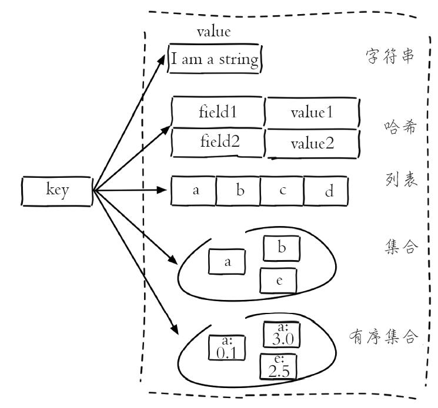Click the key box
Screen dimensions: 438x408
tap(57, 191)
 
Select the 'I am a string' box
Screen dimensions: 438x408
tap(215, 59)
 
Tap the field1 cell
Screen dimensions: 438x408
tap(218, 112)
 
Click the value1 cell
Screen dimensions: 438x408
tap(312, 113)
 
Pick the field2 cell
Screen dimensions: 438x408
tap(218, 142)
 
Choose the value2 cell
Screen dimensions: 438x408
tap(312, 144)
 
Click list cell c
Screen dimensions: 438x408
tap(282, 191)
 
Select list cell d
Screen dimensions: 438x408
tap(326, 191)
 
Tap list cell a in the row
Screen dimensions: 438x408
tap(193, 191)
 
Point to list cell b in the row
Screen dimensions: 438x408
tap(238, 191)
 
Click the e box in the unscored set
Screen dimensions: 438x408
tap(278, 281)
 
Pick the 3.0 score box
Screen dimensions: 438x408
tap(282, 335)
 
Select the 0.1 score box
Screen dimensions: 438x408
tap(227, 348)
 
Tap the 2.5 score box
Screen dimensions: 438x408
tap(278, 367)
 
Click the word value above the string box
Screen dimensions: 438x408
tap(213, 32)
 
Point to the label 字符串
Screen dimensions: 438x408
tap(390, 56)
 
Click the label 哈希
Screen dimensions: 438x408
tap(400, 127)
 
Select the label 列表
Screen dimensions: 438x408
tap(401, 179)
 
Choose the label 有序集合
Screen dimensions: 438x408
tap(383, 336)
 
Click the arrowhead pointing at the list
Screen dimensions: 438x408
tap(162, 190)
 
